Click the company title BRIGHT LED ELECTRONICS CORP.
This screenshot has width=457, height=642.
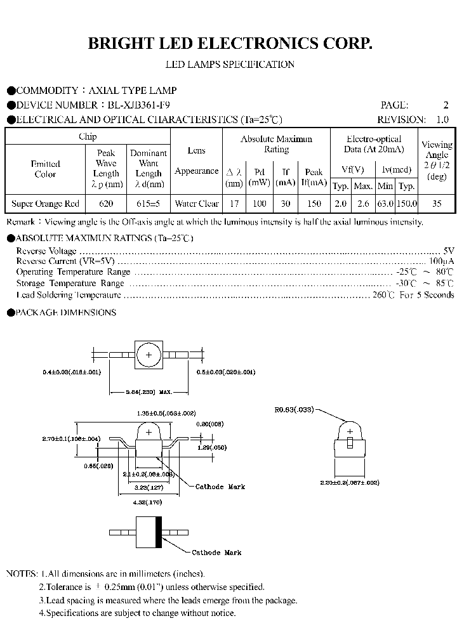point(228,44)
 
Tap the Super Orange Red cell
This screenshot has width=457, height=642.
point(46,204)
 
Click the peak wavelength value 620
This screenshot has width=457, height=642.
point(106,204)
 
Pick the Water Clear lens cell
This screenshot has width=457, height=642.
point(196,204)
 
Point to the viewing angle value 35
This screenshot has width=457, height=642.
point(437,204)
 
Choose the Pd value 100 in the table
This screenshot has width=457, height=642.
point(259,204)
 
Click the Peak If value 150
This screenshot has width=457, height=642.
point(314,204)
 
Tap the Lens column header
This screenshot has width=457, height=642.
point(196,151)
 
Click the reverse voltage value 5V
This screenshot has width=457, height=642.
point(448,251)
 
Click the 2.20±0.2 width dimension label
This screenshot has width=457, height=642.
point(350,482)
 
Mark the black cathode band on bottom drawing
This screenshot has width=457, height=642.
point(159,532)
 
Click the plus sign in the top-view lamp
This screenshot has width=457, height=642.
point(149,355)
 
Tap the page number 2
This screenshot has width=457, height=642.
point(446,105)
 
